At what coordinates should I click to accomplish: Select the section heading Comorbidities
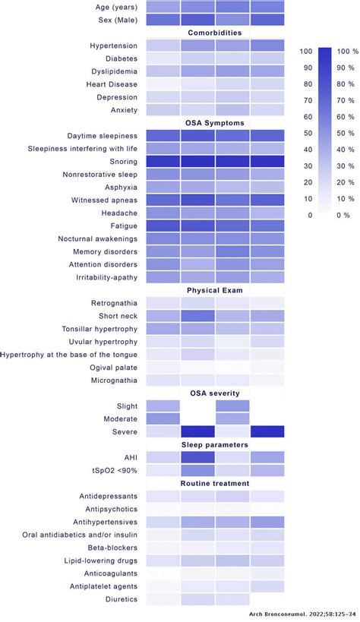coord(215,33)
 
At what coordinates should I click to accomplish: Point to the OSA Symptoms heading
coord(215,123)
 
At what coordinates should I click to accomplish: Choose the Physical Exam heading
coord(215,289)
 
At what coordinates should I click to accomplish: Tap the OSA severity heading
coord(215,393)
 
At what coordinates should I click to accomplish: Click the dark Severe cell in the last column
coord(267,431)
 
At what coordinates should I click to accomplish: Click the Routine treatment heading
coord(215,483)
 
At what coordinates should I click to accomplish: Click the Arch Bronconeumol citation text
coord(304,614)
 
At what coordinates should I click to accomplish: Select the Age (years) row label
coord(112,6)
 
